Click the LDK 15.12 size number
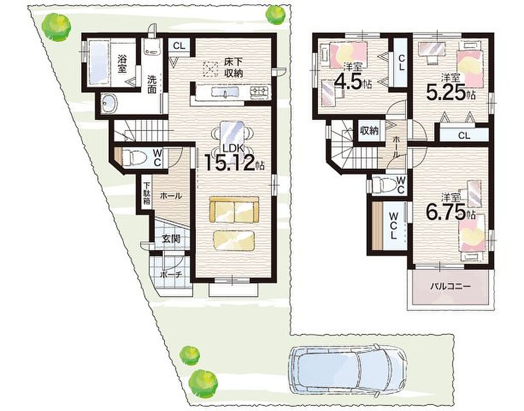tap(230, 163)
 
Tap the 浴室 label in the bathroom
tap(122, 63)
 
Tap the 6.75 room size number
tap(446, 211)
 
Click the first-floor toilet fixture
tap(133, 157)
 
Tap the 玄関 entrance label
tap(171, 239)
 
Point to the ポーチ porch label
tap(170, 275)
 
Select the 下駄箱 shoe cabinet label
tap(147, 193)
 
